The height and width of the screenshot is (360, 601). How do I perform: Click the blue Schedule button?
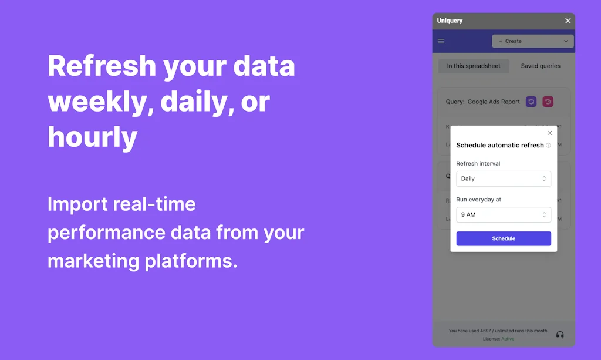504,238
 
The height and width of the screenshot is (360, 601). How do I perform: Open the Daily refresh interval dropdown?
504,179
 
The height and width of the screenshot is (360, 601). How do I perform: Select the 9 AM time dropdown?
504,215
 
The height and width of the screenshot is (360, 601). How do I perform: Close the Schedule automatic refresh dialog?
549,133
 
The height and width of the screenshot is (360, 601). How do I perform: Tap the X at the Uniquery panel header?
568,21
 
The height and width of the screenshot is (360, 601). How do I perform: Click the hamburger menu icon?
441,41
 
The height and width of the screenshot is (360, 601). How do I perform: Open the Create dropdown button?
532,41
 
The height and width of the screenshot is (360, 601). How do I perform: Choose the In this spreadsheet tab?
474,66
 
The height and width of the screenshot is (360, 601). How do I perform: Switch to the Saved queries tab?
541,66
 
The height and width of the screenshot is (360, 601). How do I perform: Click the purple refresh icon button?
531,102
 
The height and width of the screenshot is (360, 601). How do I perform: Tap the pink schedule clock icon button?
548,102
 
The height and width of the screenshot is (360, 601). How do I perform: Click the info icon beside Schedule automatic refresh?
548,146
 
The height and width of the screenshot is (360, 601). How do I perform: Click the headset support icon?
560,335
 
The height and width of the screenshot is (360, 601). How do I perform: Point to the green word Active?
508,339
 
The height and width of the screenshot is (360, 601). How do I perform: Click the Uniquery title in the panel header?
450,21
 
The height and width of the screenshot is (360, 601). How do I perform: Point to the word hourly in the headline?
92,138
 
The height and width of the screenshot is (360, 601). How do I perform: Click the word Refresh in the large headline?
100,66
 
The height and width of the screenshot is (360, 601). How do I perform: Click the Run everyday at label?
479,200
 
